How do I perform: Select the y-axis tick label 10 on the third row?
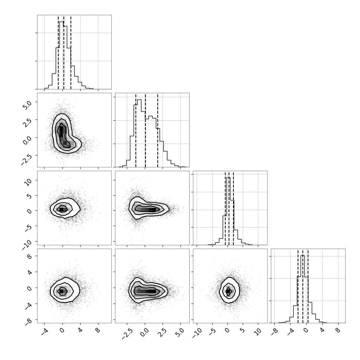tap(28, 183)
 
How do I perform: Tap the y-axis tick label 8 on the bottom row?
tap(29, 256)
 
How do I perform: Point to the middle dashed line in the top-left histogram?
tap(64, 52)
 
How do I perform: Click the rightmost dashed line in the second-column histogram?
tap(158, 130)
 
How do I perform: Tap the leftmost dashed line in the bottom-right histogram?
tap(298, 286)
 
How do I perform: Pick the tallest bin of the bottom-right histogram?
tap(302, 289)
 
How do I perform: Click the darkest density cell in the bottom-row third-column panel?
tap(228, 291)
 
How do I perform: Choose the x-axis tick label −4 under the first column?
tap(44, 332)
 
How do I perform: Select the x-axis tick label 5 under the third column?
tap(243, 330)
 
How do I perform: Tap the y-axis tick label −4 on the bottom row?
tap(29, 305)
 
